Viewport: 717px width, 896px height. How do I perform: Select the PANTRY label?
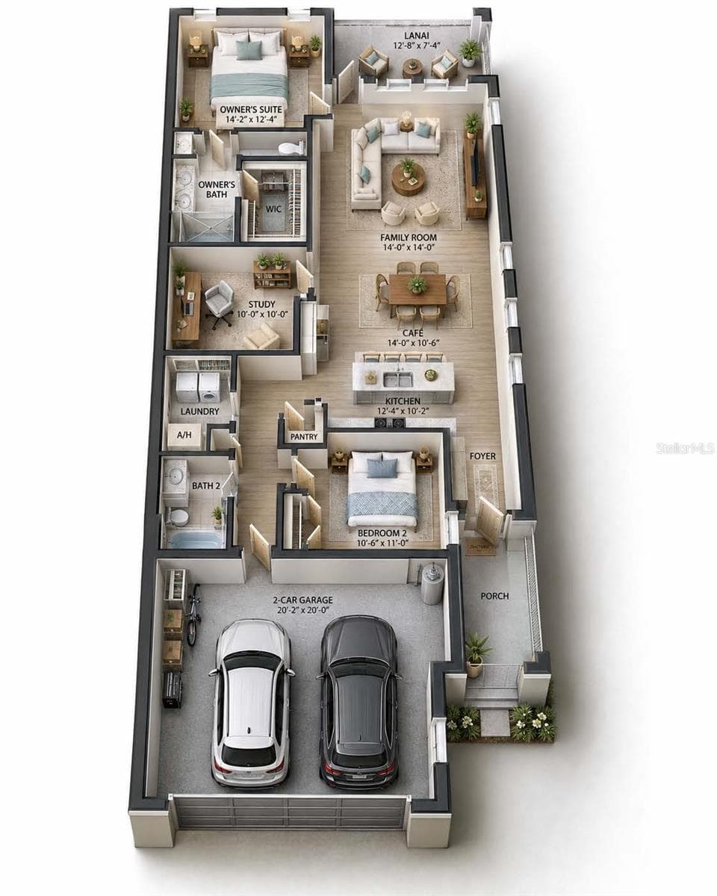pos(304,437)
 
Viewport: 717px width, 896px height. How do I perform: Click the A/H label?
pos(184,435)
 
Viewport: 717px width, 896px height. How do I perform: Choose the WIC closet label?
pos(273,209)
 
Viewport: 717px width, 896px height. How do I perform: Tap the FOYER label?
pos(482,456)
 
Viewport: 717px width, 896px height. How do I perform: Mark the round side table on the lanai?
pos(412,66)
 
